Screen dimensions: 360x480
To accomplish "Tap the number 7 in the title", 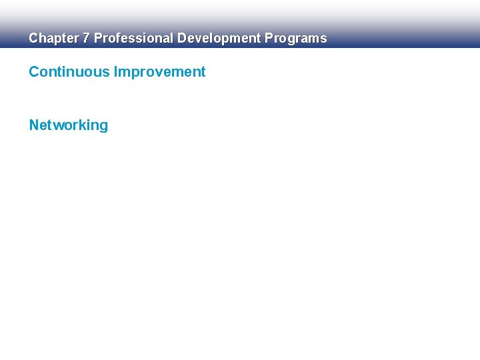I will click(85, 39).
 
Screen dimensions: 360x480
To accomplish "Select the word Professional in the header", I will click(133, 39).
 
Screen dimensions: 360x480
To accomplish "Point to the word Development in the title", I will click(219, 39).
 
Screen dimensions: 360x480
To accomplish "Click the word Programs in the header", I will click(296, 39).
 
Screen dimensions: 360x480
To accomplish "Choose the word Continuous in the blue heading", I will click(69, 72).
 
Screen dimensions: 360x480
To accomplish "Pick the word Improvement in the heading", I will click(160, 72).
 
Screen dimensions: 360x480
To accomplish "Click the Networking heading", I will click(68, 125).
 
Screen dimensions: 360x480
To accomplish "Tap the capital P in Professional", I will click(98, 39).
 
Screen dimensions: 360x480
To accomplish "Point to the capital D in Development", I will click(181, 39).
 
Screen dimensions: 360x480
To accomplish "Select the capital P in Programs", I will click(269, 39).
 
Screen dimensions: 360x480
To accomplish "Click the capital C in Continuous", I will click(34, 72).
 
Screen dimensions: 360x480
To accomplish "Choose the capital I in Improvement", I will click(116, 72).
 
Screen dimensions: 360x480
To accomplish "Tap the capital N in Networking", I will click(34, 125).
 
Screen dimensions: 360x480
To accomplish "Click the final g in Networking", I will click(103, 127).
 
